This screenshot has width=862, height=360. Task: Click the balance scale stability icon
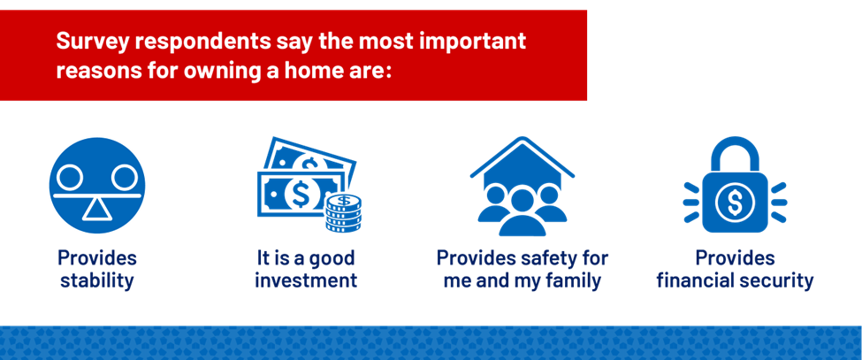tap(96, 185)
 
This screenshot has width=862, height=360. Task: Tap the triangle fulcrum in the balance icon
tap(96, 210)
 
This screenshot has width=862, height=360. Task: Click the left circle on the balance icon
tap(71, 178)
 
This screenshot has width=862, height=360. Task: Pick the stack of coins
tap(345, 214)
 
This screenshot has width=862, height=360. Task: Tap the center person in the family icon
tap(523, 211)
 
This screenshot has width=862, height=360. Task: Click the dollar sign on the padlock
tap(735, 202)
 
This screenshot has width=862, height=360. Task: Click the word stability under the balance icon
tap(96, 281)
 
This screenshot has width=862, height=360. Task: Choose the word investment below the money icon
tap(306, 280)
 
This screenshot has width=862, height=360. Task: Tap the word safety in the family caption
tap(542, 257)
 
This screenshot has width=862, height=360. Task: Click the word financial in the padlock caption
tap(695, 280)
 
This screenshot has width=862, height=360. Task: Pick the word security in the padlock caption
tap(776, 281)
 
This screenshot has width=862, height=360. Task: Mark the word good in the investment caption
tap(332, 257)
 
